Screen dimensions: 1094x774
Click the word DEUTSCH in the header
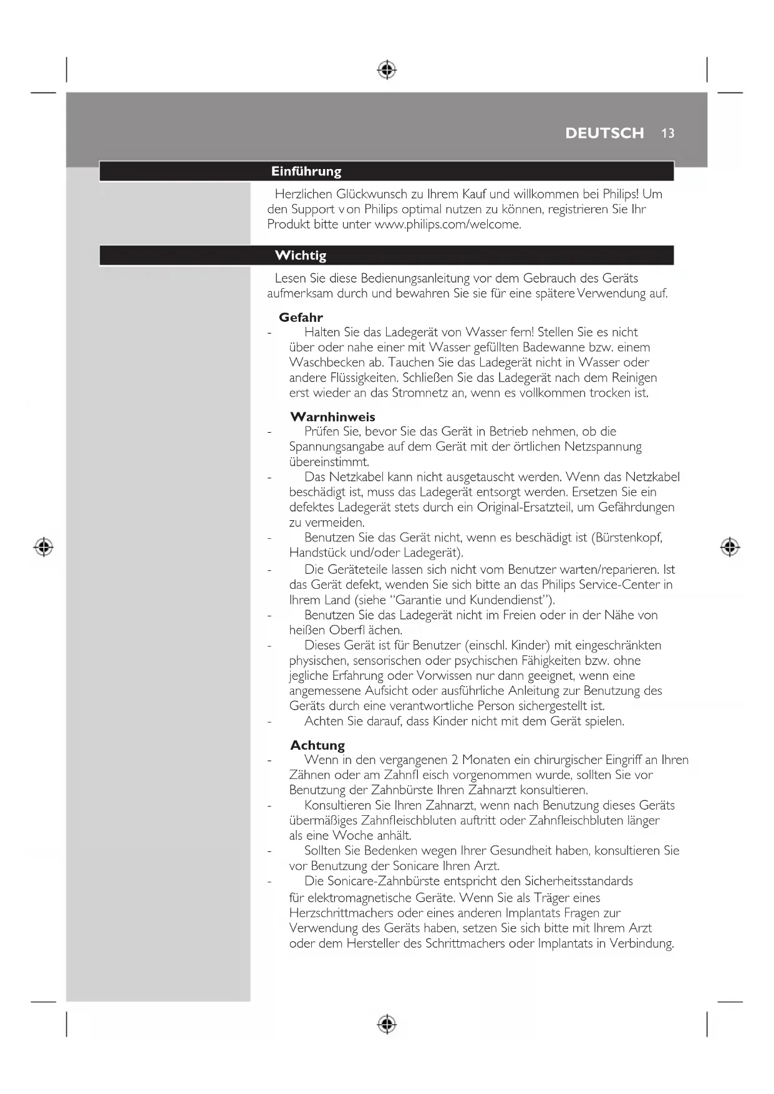604,133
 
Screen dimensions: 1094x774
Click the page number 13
668,133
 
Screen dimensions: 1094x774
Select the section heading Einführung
306,172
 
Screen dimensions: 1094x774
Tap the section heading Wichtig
301,255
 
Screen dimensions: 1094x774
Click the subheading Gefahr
301,317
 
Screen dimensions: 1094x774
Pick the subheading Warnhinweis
332,417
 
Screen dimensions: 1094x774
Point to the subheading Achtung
317,745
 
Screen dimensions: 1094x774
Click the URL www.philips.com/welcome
447,225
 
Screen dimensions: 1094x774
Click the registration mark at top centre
387,70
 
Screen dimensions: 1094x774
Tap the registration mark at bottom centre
387,1024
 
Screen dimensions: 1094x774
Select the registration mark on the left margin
43,547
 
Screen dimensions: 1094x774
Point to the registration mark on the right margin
730,547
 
